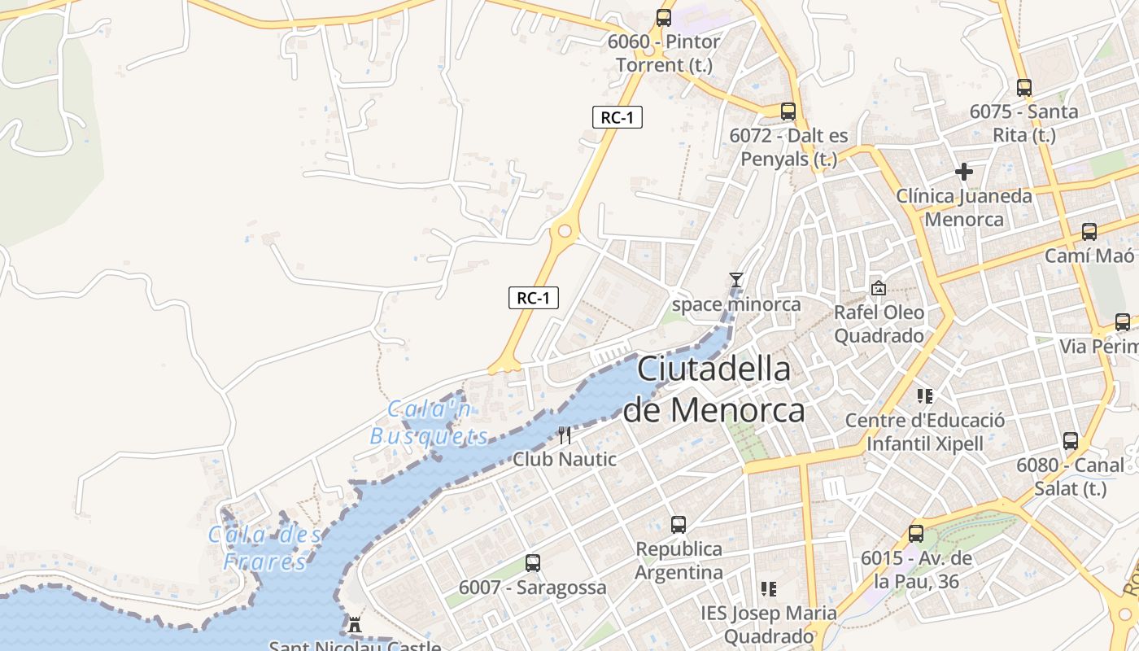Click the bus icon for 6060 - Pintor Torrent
(x=664, y=17)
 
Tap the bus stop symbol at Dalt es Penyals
(x=788, y=111)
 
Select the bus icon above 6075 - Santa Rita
(x=1024, y=87)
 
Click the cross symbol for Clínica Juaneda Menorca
(x=964, y=172)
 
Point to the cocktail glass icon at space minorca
(x=736, y=280)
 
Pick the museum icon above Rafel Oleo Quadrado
(x=879, y=288)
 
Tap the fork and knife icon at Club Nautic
(x=564, y=435)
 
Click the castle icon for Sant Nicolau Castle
(x=355, y=626)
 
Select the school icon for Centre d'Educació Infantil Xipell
(x=924, y=396)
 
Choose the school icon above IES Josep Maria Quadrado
(x=768, y=588)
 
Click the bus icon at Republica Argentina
(x=679, y=524)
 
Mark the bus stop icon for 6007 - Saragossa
(x=533, y=562)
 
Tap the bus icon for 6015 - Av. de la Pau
(x=916, y=534)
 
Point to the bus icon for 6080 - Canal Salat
(x=1071, y=441)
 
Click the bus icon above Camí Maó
(x=1089, y=232)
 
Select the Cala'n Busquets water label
(x=430, y=422)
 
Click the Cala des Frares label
(x=265, y=548)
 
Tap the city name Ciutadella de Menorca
(x=714, y=389)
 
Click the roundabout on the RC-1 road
(x=563, y=231)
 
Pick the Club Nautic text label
(x=565, y=459)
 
